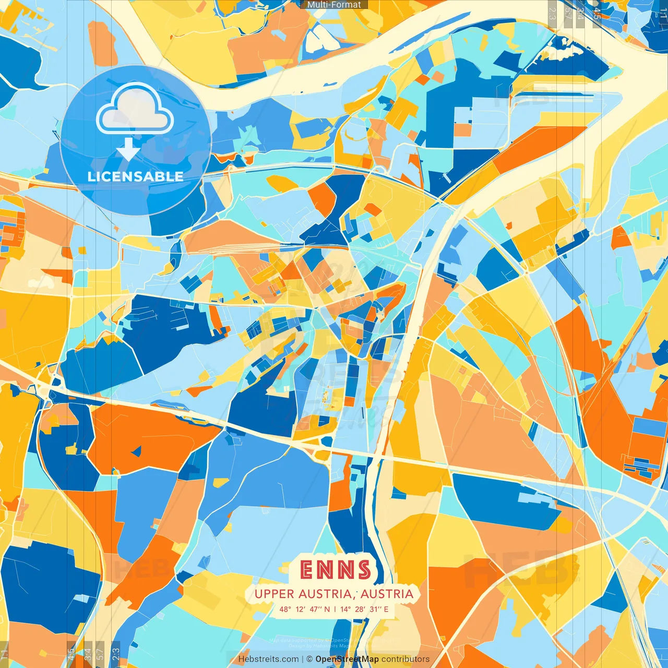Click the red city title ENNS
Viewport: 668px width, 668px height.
(x=336, y=570)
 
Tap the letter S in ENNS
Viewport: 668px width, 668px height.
(x=363, y=570)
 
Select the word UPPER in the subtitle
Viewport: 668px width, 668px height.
(x=274, y=594)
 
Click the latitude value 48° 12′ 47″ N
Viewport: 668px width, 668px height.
(x=304, y=609)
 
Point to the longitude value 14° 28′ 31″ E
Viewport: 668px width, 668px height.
(x=364, y=609)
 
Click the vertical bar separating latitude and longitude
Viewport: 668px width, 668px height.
(x=335, y=609)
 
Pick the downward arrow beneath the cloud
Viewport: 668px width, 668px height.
(x=128, y=150)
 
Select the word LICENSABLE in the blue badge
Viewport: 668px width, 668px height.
(x=135, y=176)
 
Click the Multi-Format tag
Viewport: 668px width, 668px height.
(x=334, y=5)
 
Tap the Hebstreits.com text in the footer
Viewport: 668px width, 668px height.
(x=268, y=659)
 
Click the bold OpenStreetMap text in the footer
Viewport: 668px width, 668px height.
(x=347, y=659)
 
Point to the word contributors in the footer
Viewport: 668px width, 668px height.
(x=405, y=659)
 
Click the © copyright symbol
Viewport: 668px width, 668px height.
(x=309, y=659)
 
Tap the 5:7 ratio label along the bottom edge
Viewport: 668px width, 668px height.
(x=100, y=653)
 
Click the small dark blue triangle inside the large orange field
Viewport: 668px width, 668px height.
(x=137, y=451)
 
